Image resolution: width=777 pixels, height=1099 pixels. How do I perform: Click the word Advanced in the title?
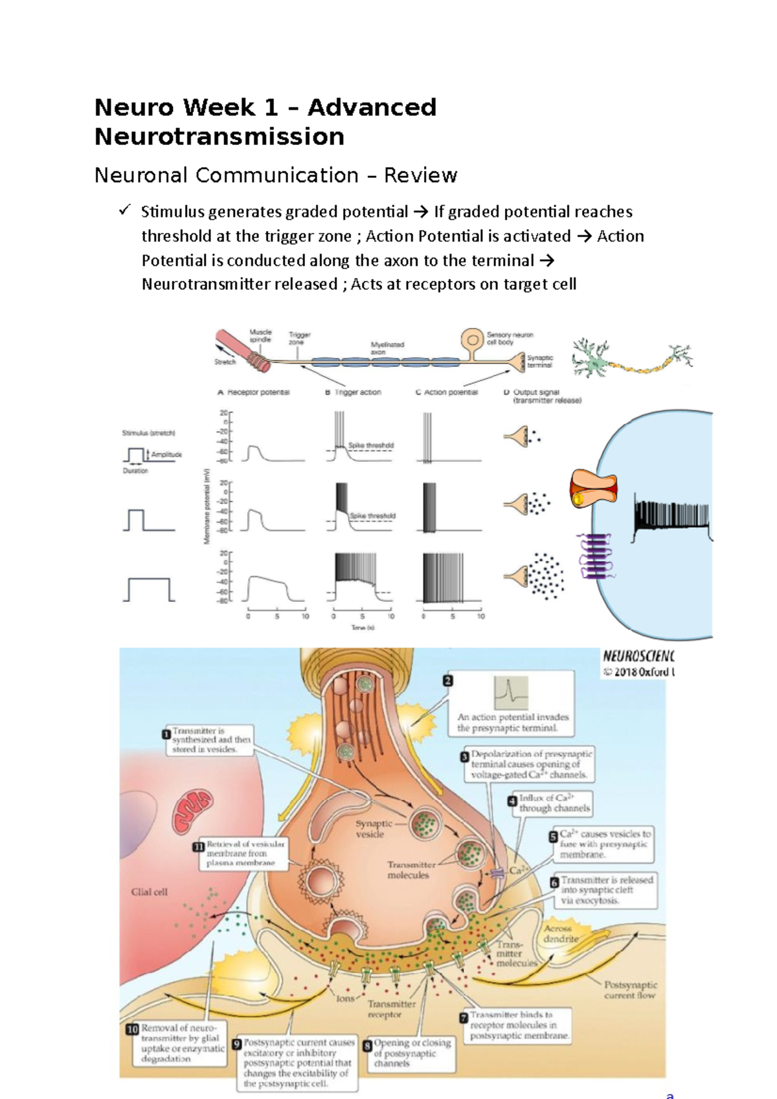[372, 107]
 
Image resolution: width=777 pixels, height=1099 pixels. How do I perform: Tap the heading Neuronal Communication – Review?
[275, 175]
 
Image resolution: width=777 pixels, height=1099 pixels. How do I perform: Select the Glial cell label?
[149, 892]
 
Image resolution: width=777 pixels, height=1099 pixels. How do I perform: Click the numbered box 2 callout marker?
[447, 680]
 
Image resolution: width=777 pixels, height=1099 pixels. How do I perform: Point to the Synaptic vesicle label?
[372, 829]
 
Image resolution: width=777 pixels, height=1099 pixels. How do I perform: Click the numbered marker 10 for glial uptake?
[131, 1029]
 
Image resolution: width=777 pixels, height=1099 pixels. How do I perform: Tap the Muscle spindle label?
[260, 335]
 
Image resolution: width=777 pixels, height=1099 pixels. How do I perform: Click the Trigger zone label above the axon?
[299, 338]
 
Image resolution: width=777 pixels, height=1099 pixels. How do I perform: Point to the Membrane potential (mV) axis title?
[207, 506]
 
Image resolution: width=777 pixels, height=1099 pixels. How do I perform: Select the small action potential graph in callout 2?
[510, 693]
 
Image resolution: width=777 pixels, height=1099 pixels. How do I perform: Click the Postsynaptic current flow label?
[629, 990]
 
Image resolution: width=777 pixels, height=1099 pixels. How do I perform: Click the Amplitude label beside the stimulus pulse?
[166, 454]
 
